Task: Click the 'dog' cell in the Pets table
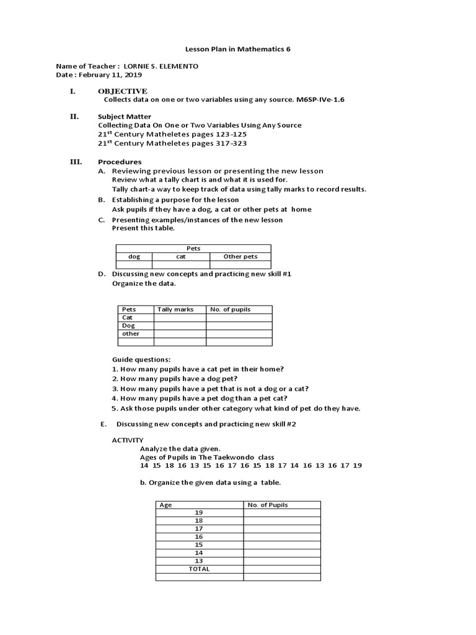pos(134,256)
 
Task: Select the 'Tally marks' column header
pos(175,309)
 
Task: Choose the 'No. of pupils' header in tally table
pos(231,309)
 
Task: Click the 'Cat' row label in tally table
pos(128,317)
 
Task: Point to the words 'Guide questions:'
pos(141,360)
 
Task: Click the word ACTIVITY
pos(127,440)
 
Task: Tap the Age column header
pos(165,505)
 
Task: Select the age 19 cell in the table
pos(198,513)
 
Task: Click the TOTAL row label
pos(198,569)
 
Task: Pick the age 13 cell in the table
pos(198,561)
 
